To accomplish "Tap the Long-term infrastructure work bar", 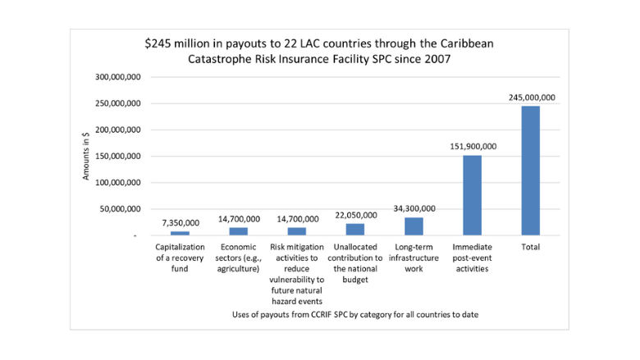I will (x=414, y=226).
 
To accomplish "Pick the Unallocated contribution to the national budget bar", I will (x=354, y=230).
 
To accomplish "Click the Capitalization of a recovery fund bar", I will (x=180, y=234).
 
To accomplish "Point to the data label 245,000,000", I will (x=530, y=98).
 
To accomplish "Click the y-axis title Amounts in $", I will (x=86, y=155).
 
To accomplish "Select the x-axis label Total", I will (x=530, y=246).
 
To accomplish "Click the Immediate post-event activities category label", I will (x=472, y=257).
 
